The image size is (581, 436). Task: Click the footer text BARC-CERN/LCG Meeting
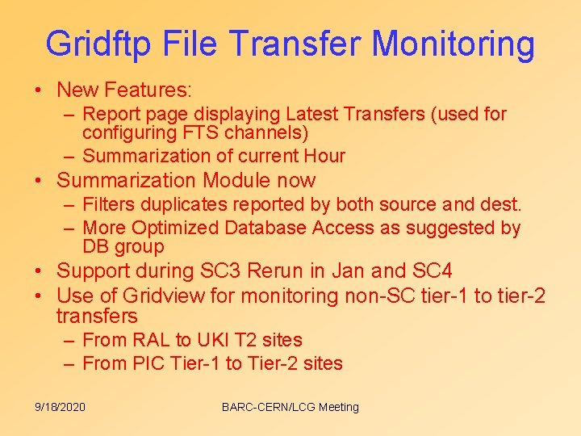[290, 407]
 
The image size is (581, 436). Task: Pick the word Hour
[324, 156]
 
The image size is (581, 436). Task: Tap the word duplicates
[185, 205]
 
